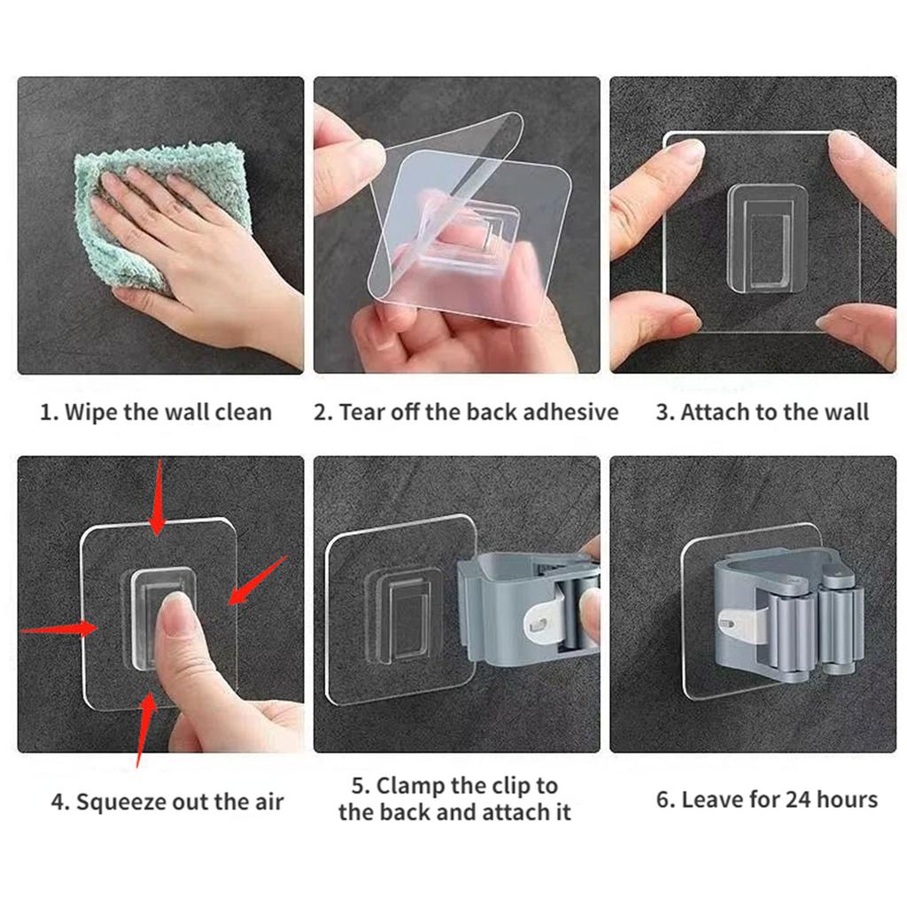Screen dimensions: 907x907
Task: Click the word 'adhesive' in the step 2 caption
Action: click(x=570, y=413)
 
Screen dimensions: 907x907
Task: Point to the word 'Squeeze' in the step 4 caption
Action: click(x=116, y=803)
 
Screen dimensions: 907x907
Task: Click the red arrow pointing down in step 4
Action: click(x=158, y=500)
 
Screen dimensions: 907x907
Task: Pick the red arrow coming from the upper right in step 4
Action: click(x=257, y=580)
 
